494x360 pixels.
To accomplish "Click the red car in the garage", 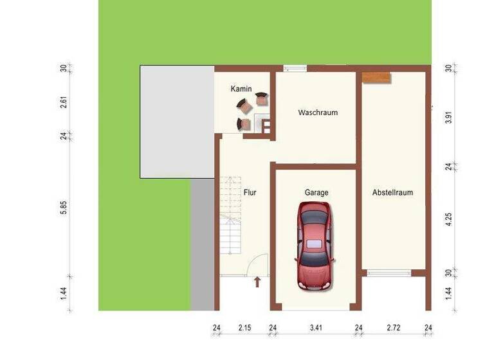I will pos(315,246).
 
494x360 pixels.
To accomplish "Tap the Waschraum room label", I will pos(318,113).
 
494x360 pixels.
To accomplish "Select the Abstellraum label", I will pos(392,192).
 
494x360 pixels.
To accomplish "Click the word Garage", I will pos(316,192).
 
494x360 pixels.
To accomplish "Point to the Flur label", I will pos(250,192).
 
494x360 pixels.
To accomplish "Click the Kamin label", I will pos(241,89).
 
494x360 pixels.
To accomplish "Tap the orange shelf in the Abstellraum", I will pos(376,78).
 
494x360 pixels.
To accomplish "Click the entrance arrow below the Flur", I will pos(258,282).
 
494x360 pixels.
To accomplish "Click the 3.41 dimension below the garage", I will pos(315,328).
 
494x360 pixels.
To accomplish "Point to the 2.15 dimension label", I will pos(244,328).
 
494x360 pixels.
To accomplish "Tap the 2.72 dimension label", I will pos(394,328).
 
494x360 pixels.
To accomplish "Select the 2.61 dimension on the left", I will pos(64,102).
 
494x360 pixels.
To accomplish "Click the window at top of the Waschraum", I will pos(295,68).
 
